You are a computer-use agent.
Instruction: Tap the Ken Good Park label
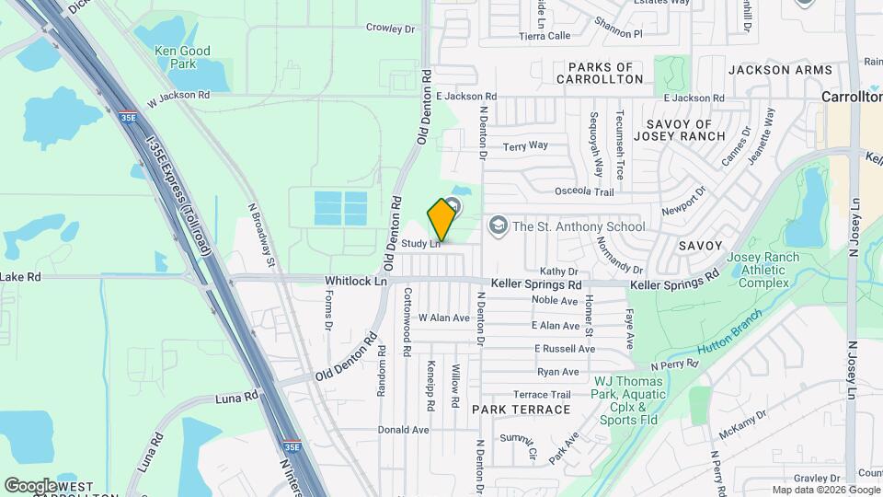click(183, 57)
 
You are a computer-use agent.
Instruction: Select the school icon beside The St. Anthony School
click(498, 225)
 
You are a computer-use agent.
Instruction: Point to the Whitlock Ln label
click(355, 281)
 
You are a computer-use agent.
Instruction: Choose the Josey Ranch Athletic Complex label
click(763, 270)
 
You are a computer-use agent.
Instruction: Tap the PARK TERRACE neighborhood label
click(522, 409)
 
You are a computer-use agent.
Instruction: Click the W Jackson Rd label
click(178, 95)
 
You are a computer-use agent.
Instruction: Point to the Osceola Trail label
click(584, 191)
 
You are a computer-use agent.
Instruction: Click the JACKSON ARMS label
click(780, 70)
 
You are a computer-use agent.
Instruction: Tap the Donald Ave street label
click(404, 430)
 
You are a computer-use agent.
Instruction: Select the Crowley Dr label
click(391, 29)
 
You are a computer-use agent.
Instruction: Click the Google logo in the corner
click(30, 485)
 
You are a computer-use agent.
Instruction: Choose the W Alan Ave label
click(444, 318)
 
